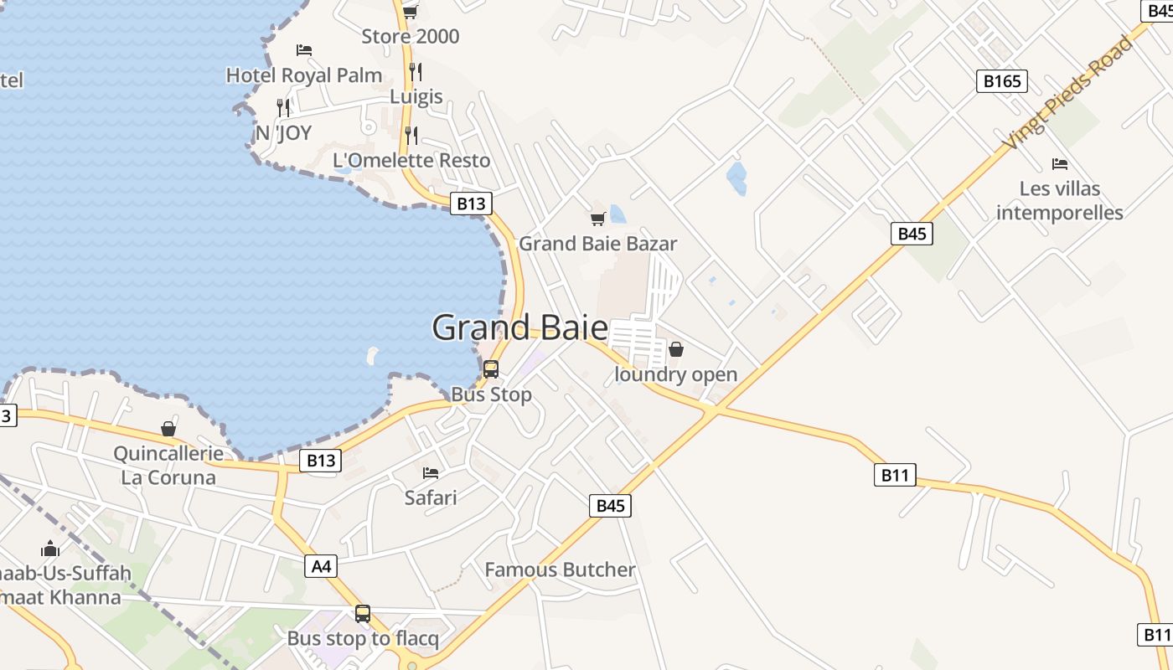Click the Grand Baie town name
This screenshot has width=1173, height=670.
coord(519,327)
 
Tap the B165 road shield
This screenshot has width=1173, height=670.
coord(1002,81)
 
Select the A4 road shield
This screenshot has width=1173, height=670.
coord(322,567)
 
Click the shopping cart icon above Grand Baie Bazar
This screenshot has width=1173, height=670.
coord(597,219)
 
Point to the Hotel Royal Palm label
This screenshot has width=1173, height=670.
coord(304,75)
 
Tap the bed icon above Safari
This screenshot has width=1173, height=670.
coord(431,473)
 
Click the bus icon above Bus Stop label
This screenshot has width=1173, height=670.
coord(491,368)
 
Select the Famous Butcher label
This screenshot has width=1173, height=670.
coord(561,570)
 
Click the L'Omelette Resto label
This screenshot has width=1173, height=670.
coord(411,160)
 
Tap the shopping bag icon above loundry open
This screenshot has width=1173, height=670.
coord(676,349)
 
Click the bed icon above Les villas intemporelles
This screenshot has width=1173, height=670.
coord(1060,163)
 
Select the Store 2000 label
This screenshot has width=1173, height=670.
coord(411,37)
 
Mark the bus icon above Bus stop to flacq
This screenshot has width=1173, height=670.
coord(362,614)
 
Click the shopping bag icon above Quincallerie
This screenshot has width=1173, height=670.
coord(168,429)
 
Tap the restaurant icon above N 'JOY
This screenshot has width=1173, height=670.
coord(283,107)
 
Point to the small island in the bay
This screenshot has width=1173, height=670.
coord(372,356)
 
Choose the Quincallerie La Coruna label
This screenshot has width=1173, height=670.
coord(168,466)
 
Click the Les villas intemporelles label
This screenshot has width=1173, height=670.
coord(1060,200)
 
